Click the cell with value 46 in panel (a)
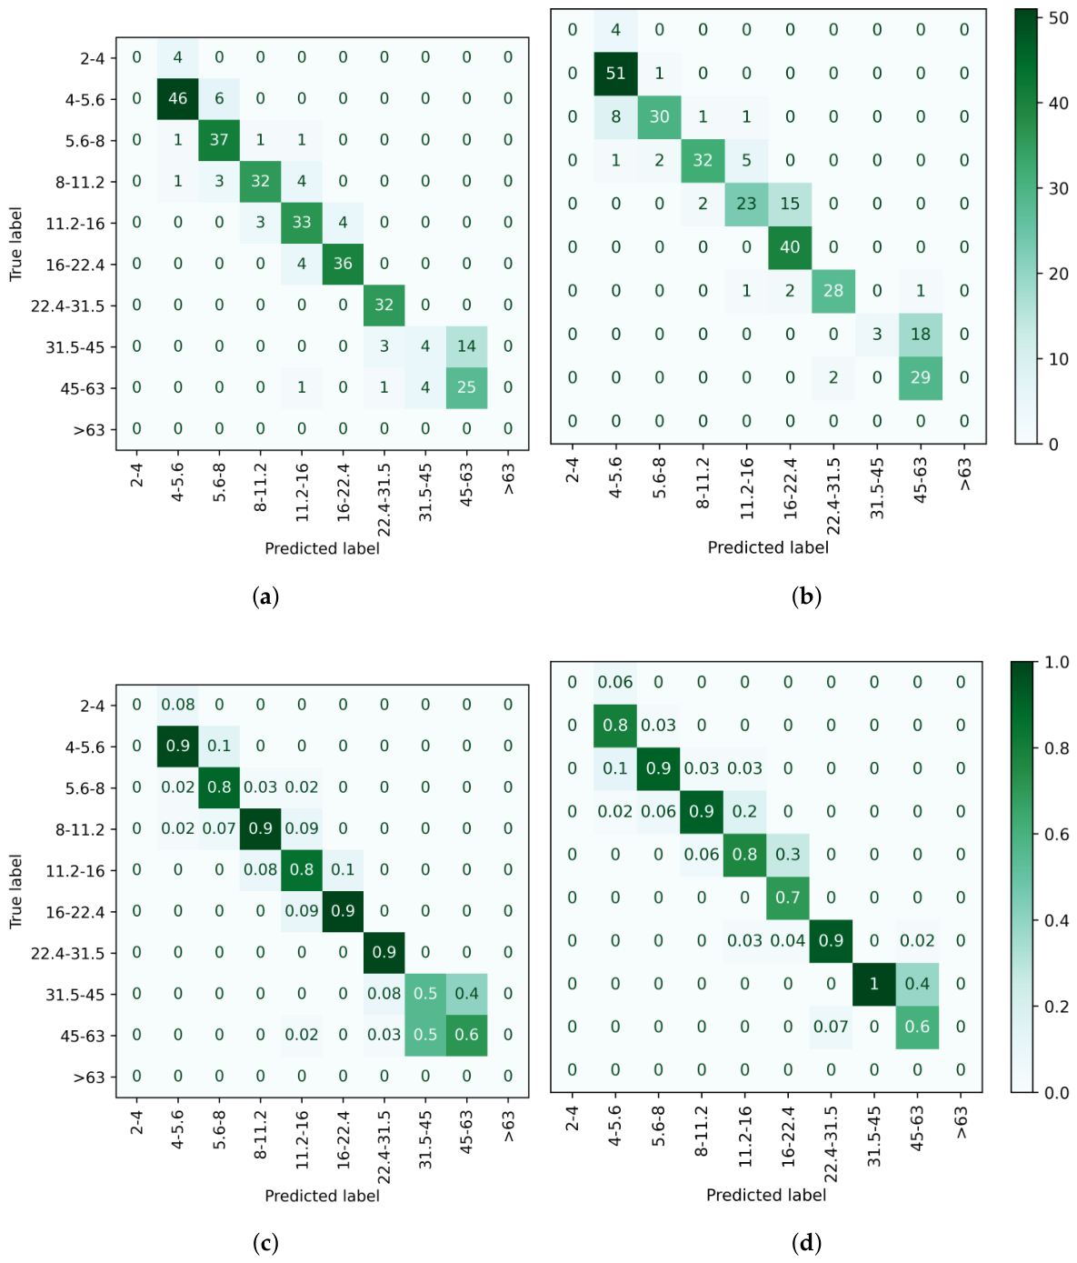point(178,98)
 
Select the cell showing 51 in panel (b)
point(615,74)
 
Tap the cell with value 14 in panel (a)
point(466,346)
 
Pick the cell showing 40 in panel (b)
point(790,247)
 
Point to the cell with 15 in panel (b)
point(790,204)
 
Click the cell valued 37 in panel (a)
point(219,140)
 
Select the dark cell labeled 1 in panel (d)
point(874,984)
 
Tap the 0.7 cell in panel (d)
point(788,897)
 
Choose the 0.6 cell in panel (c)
point(466,1035)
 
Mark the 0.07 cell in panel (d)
point(831,1027)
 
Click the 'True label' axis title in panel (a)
point(15,244)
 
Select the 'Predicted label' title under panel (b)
point(768,547)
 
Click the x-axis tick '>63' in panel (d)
point(961,1122)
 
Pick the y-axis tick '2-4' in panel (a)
point(92,58)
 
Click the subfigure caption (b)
point(806,596)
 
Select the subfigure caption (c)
point(264,1243)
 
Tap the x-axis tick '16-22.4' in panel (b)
point(790,488)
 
